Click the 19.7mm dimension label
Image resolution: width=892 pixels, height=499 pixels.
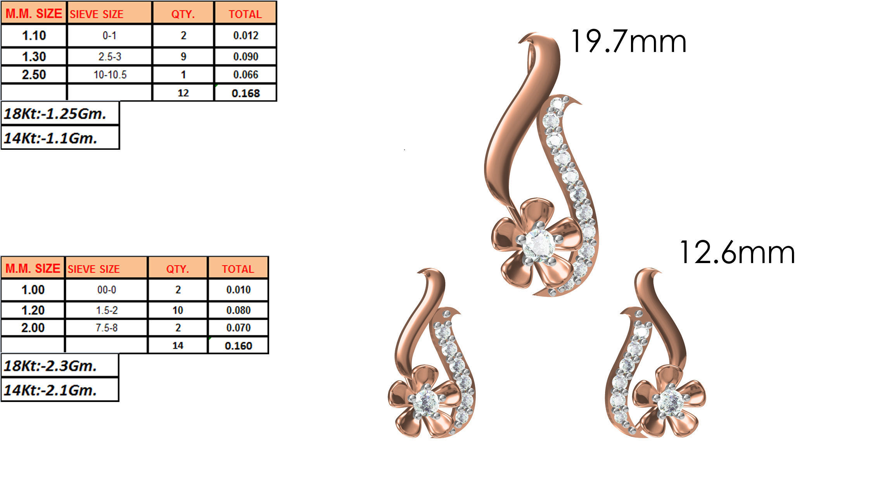click(628, 42)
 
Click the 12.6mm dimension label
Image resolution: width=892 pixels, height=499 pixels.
click(737, 253)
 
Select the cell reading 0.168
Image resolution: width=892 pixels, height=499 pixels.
click(245, 93)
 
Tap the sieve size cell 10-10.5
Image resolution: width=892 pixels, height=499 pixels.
click(110, 75)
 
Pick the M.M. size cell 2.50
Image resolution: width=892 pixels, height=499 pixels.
click(34, 75)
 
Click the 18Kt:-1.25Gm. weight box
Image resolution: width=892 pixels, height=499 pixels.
click(60, 114)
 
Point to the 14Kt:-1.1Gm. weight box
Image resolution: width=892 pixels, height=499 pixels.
click(60, 138)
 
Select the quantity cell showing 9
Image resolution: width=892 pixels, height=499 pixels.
click(183, 57)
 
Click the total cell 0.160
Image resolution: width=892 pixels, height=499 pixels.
click(238, 345)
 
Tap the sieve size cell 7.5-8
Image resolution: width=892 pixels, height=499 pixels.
click(106, 328)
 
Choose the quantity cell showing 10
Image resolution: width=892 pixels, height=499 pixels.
click(178, 310)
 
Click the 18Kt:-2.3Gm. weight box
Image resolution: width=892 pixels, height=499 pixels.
click(60, 366)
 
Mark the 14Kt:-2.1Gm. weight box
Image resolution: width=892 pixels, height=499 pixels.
click(60, 390)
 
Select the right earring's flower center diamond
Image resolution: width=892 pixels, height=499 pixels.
click(671, 402)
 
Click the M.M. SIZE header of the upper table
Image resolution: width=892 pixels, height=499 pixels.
click(34, 14)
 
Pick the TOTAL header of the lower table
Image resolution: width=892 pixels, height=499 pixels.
click(238, 269)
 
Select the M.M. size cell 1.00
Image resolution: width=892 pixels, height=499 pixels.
click(33, 290)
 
